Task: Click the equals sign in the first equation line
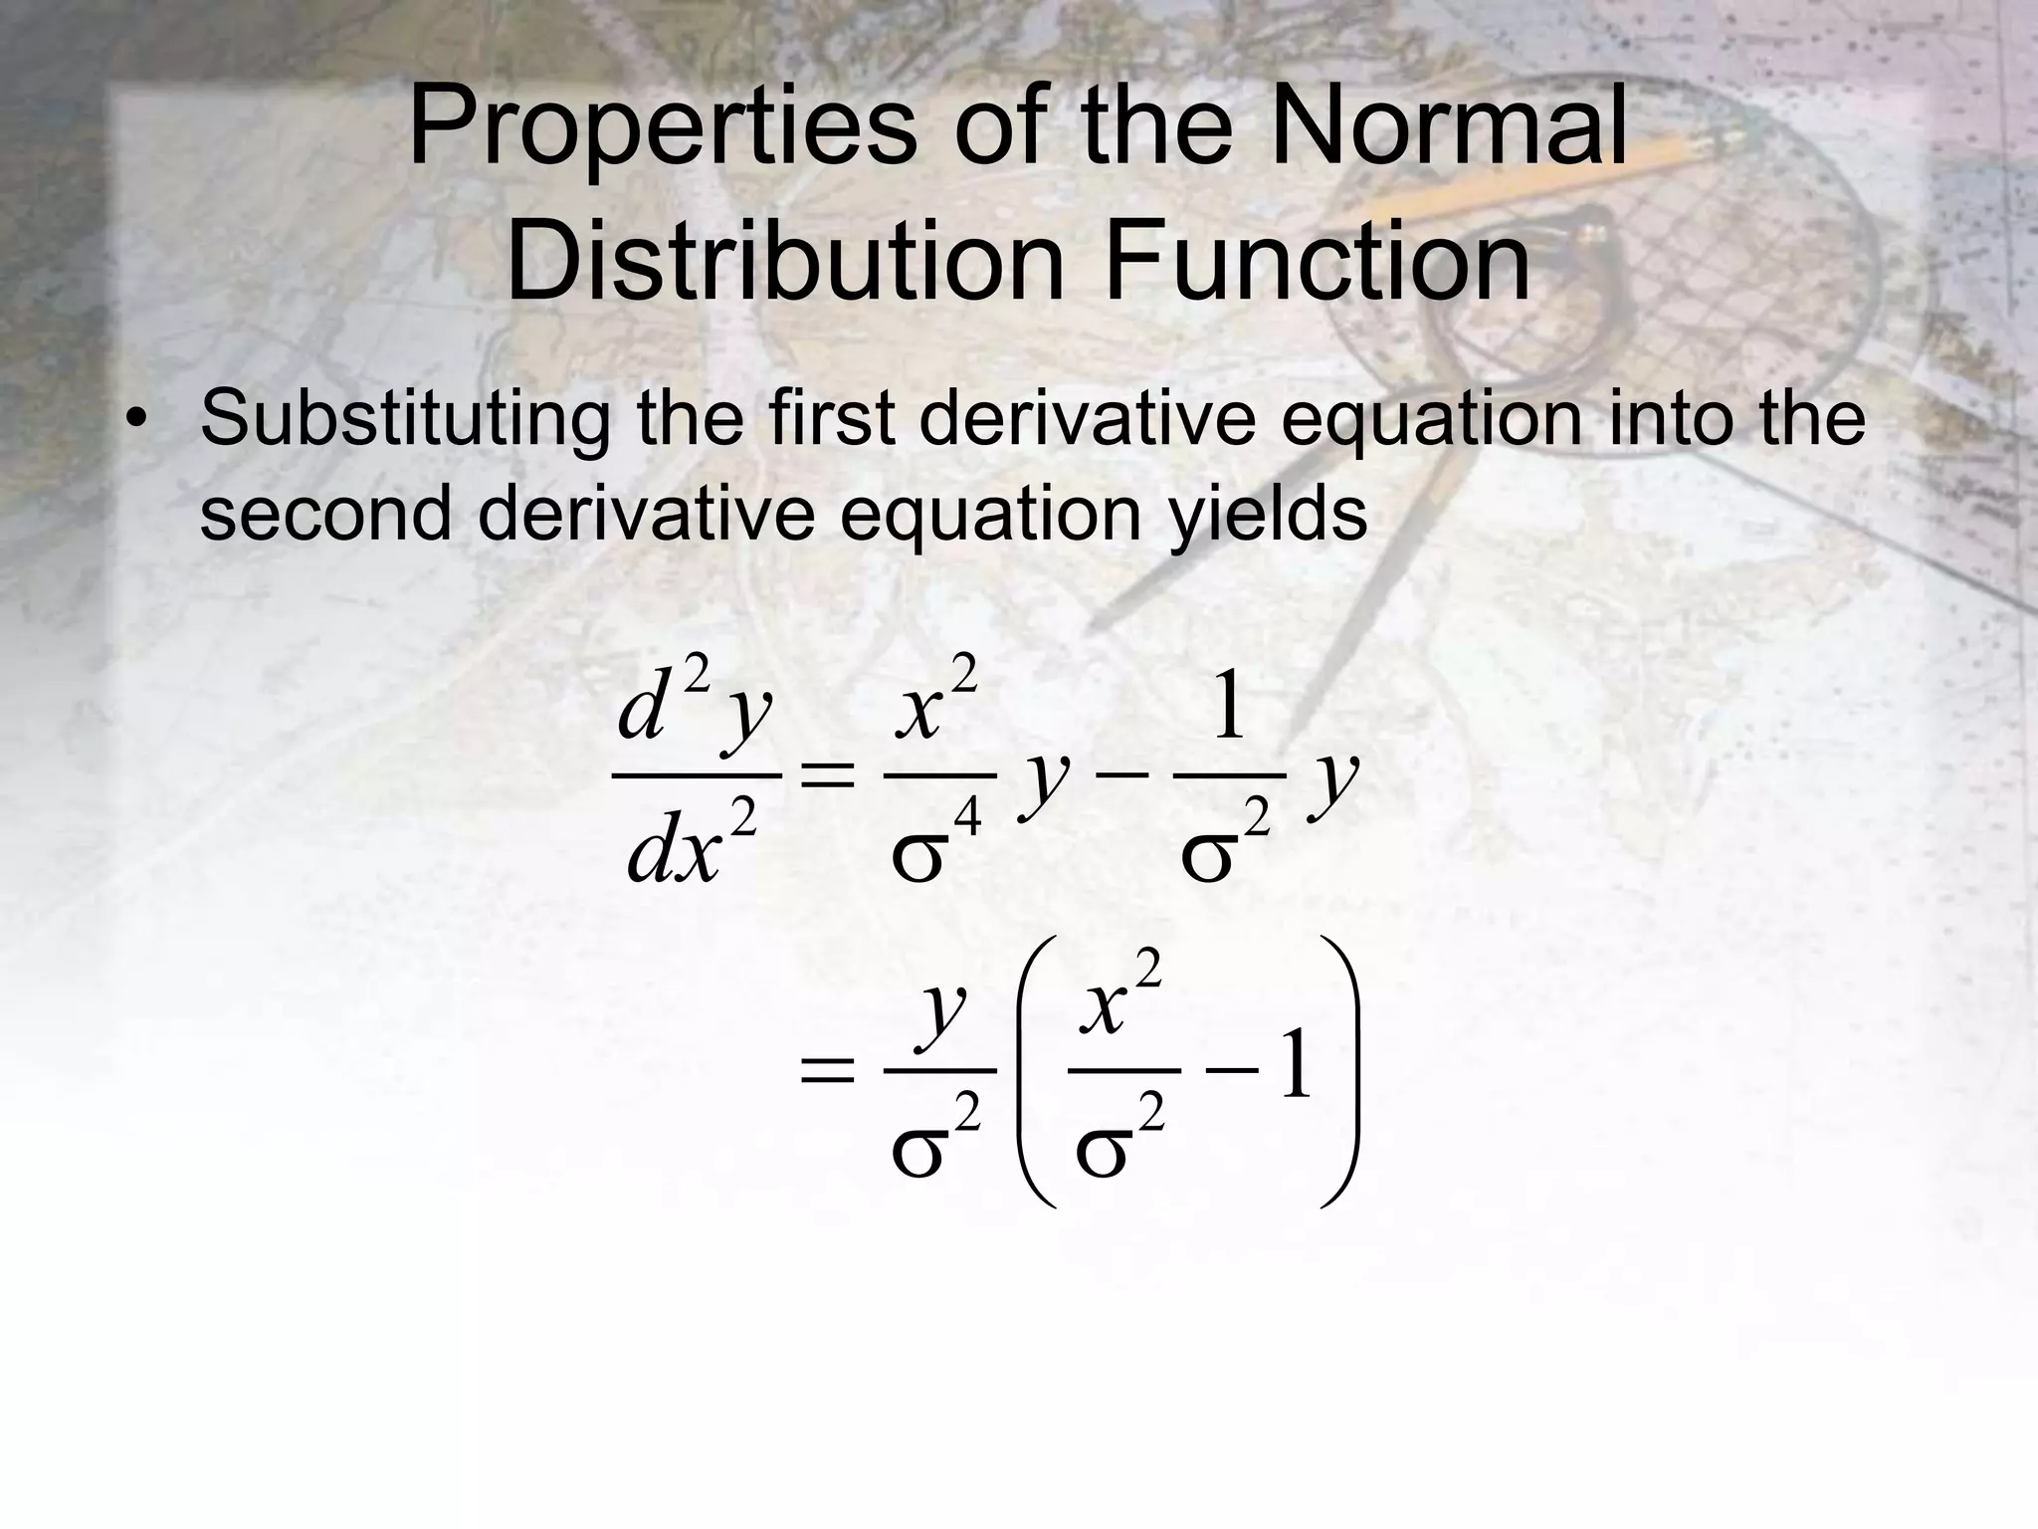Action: pos(827,774)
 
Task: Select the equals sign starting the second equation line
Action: pos(827,1071)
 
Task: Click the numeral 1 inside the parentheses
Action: pos(1296,1067)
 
